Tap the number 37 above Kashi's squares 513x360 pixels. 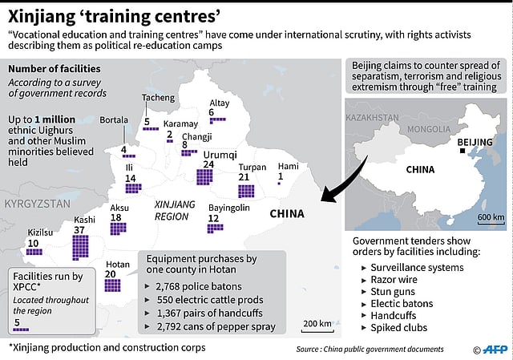(x=79, y=231)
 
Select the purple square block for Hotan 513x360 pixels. (x=111, y=285)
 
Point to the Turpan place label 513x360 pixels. (x=252, y=166)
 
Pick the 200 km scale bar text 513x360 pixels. (x=317, y=323)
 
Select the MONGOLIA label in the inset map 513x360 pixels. (x=429, y=128)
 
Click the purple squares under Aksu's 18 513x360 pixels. (x=118, y=228)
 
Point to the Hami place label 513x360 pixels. (x=288, y=166)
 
